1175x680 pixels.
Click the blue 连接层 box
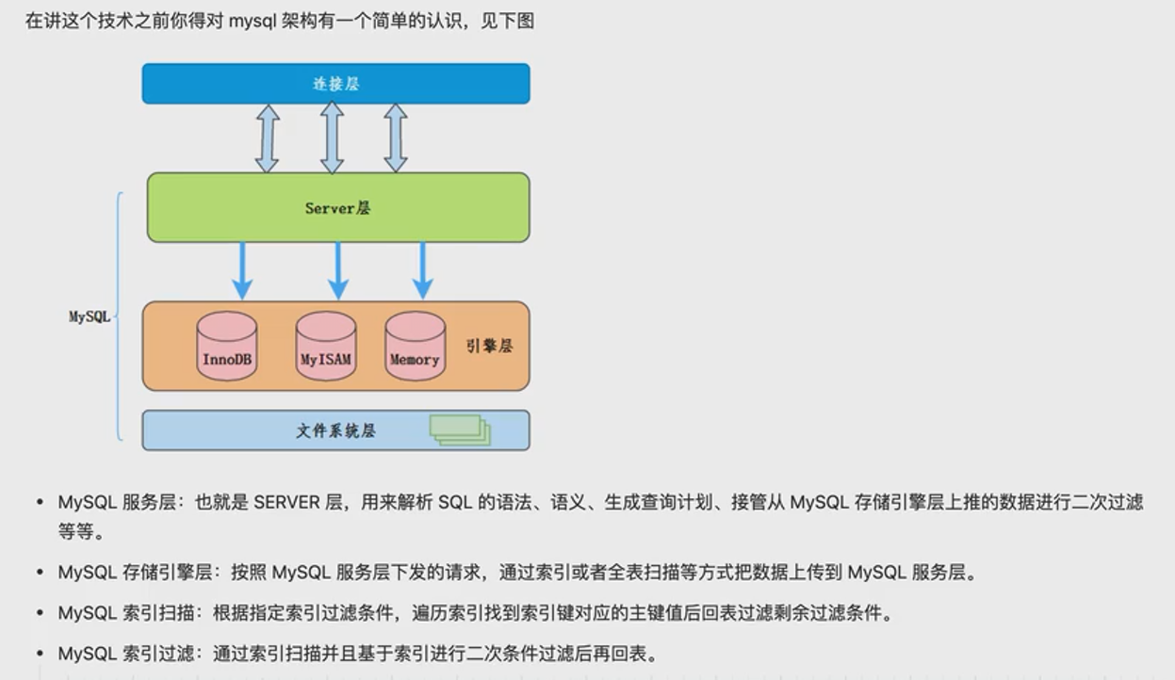coord(335,83)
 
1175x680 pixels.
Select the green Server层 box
coord(337,207)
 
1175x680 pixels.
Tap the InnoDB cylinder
coord(227,347)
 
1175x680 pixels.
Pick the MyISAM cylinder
coord(325,347)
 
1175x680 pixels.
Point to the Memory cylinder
coord(415,347)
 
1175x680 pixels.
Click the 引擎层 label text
coord(489,346)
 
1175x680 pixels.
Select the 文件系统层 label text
coord(335,430)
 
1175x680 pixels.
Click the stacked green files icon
coord(460,429)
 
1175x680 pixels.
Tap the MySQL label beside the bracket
coord(90,316)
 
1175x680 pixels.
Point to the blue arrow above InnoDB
coord(242,271)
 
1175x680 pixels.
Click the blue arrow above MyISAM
coord(338,271)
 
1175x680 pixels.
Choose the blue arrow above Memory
coord(423,271)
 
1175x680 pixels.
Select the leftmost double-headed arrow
coord(268,138)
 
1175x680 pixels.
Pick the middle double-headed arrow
coord(332,138)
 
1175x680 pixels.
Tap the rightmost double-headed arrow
coord(396,138)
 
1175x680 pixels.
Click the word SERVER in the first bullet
coord(286,503)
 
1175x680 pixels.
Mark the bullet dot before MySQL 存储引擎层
coord(40,573)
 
